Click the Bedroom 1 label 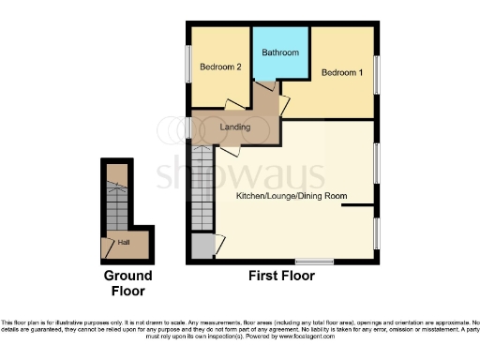click(x=341, y=72)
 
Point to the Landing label click(x=234, y=127)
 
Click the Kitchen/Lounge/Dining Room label click(x=292, y=196)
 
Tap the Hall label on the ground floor click(x=123, y=243)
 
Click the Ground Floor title click(x=127, y=283)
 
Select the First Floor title click(x=280, y=277)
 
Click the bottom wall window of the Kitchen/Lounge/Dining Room click(x=314, y=261)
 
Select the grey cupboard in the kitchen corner click(x=202, y=247)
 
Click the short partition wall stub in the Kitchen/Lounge click(x=359, y=205)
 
